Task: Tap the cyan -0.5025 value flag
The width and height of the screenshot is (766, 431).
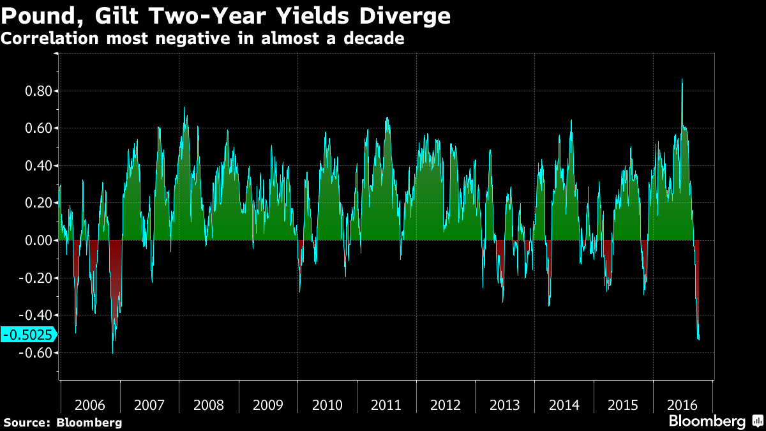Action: click(28, 334)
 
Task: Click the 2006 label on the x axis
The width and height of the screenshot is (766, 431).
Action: click(90, 405)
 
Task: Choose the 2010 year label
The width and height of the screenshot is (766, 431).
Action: click(327, 405)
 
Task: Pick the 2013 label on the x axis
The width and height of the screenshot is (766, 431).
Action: click(505, 405)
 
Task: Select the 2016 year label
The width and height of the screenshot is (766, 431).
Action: click(682, 405)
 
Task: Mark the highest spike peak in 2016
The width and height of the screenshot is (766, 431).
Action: click(682, 80)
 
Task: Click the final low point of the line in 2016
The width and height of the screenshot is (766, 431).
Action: click(699, 340)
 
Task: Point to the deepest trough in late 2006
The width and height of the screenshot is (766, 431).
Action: click(112, 352)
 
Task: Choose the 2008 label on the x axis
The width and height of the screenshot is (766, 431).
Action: click(208, 405)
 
